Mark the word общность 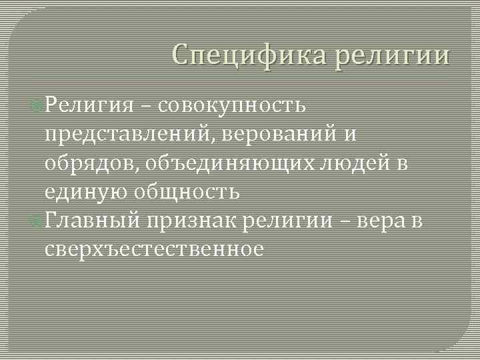pyautogui.click(x=187, y=192)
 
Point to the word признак pyautogui.click(x=194, y=221)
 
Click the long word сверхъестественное pyautogui.click(x=154, y=249)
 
